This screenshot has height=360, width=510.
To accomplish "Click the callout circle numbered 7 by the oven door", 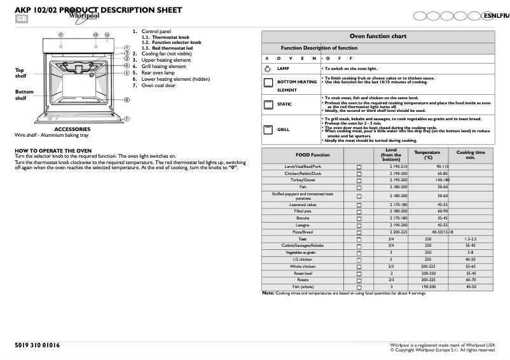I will point(127,118).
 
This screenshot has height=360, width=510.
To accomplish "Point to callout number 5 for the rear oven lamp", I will point(127,73).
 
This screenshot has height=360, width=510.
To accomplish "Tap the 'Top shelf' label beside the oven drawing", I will point(20,73).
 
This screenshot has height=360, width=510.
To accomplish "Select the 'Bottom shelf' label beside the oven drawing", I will point(24,95).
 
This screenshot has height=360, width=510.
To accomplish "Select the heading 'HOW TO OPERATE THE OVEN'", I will point(53,151).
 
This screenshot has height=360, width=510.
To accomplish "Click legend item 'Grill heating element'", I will point(163,66).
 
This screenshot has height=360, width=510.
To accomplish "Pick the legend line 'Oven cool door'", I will point(158,85).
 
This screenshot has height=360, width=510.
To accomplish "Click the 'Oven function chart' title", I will point(378,36).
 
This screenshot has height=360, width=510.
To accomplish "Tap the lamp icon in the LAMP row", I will point(268,68).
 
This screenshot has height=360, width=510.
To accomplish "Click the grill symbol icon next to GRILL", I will point(268,129).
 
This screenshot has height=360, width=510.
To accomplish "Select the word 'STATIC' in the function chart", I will point(284,104).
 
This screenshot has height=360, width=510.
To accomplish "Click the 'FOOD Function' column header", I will point(312,155).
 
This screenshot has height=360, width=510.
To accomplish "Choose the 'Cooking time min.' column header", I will point(470,155).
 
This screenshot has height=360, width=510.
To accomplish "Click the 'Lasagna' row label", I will point(303,225).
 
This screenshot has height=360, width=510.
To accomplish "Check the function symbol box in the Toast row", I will point(359,239).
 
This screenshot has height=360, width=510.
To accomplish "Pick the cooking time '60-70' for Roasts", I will point(470,280).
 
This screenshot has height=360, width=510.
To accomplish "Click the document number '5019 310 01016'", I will point(37,345).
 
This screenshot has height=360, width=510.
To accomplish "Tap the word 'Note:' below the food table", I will point(268,293).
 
